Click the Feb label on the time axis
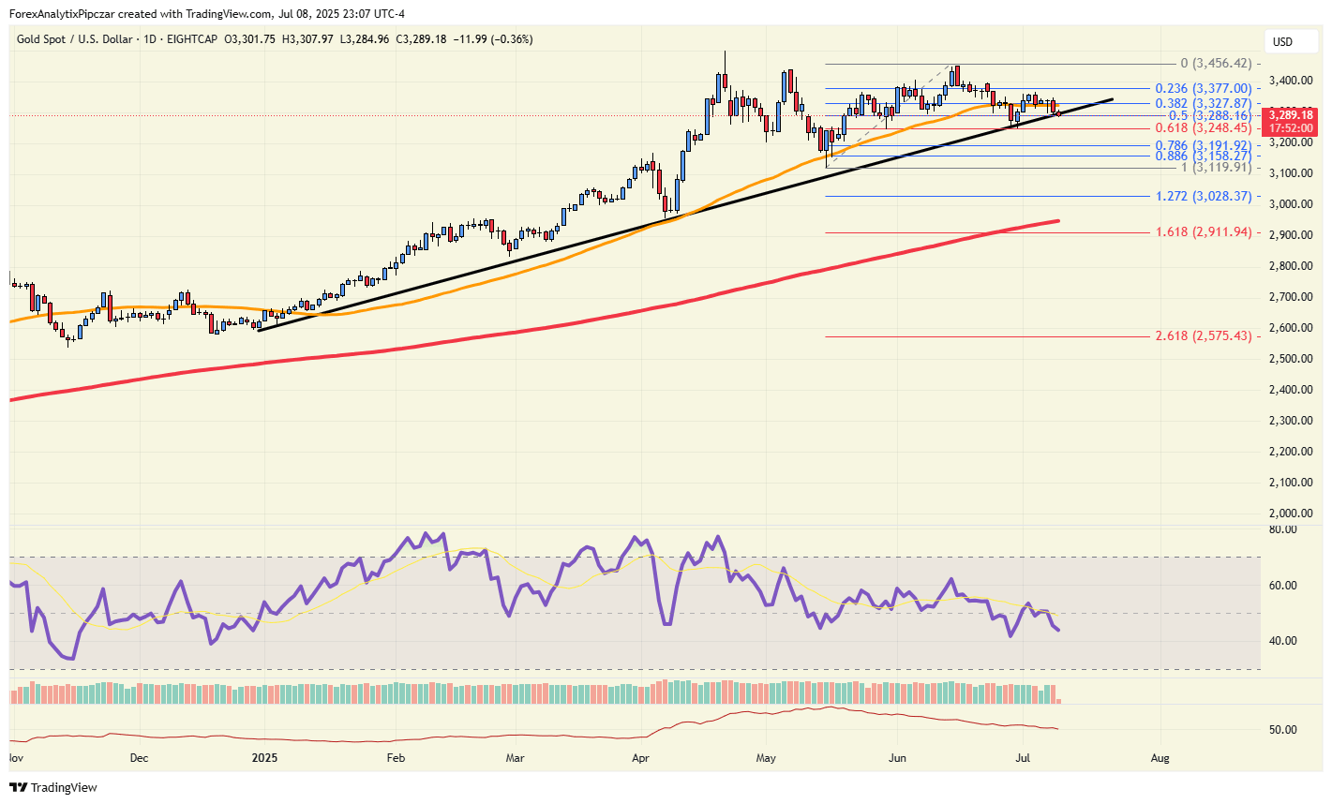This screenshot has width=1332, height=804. click(396, 757)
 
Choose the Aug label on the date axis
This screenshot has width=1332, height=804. click(1160, 757)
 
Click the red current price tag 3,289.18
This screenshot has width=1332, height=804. click(1291, 115)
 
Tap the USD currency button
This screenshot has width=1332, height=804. click(1282, 41)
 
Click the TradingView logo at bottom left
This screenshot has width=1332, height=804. click(53, 787)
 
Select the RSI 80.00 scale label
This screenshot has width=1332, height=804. click(1282, 529)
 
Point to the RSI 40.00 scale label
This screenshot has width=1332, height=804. click(1282, 641)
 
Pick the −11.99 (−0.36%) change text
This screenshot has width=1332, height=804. click(492, 39)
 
